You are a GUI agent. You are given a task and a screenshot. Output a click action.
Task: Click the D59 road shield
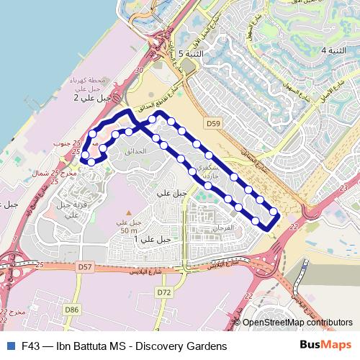[212, 124]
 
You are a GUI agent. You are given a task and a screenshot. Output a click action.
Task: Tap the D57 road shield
[85, 267]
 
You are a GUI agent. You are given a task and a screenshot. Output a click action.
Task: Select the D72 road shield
[164, 292]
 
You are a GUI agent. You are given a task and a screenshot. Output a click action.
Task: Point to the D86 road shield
[71, 310]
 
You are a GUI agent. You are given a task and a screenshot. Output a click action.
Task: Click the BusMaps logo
[325, 345]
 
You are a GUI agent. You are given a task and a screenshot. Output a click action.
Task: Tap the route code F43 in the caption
[33, 346]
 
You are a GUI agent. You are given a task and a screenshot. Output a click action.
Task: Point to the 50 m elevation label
[130, 230]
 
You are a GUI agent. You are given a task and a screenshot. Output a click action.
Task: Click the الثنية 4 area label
[333, 50]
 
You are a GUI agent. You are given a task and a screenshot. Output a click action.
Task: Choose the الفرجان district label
[216, 228]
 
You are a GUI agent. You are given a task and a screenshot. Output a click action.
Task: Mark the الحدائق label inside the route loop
[135, 153]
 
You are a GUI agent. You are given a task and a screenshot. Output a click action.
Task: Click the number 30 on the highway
[138, 70]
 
